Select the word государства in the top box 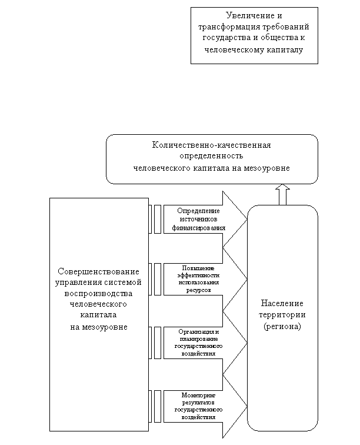(x=224, y=38)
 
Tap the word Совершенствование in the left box (x=99, y=271)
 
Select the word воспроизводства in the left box (x=99, y=294)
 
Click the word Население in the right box (x=282, y=304)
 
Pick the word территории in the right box (x=282, y=315)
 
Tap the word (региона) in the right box (x=282, y=326)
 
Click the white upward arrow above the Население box (x=282, y=194)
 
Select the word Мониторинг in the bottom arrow (x=199, y=395)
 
